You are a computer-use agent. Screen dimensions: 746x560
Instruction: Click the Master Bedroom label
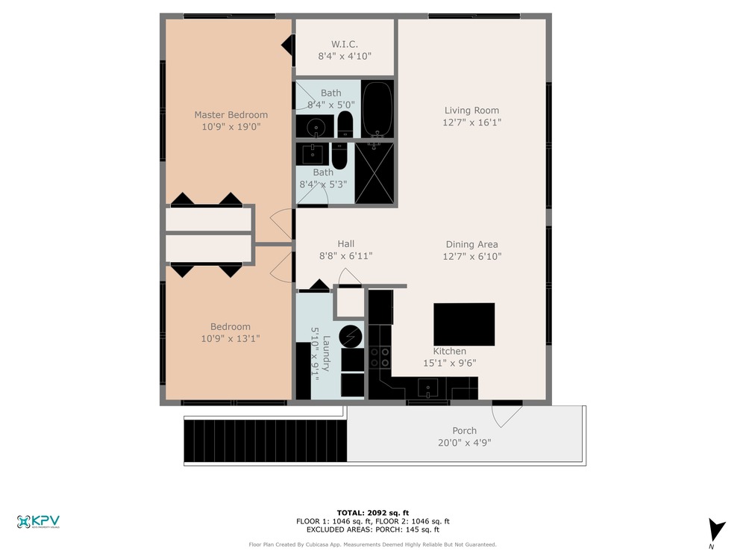point(231,115)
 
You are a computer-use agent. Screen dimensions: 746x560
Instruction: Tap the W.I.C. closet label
point(345,44)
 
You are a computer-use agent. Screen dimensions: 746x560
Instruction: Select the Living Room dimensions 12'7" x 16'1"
point(472,122)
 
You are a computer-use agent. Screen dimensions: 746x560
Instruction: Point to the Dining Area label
point(472,244)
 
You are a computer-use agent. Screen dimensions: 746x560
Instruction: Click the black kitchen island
point(464,324)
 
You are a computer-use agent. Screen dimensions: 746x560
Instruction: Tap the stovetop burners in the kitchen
point(380,357)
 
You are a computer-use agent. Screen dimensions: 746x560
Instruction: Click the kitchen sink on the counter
point(428,388)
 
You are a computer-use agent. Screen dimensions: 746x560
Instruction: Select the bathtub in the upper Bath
point(377,110)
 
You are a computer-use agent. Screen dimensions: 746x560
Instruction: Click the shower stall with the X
point(374,173)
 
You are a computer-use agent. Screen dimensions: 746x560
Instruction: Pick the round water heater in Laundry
point(351,337)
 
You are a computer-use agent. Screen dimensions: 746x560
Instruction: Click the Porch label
point(464,431)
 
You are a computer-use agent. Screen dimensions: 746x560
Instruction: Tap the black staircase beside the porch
point(266,441)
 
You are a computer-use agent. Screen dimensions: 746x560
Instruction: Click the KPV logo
point(38,522)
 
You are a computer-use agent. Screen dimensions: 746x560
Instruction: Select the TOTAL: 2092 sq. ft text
point(373,513)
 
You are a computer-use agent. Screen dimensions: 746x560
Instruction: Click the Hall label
point(346,244)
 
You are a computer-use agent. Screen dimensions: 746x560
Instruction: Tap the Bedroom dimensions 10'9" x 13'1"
point(231,338)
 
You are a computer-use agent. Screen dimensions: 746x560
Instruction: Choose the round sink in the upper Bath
point(316,127)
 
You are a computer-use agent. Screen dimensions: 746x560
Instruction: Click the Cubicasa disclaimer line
point(372,544)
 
